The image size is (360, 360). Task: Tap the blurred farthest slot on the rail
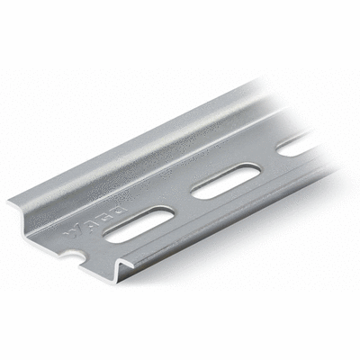point(297,144)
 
